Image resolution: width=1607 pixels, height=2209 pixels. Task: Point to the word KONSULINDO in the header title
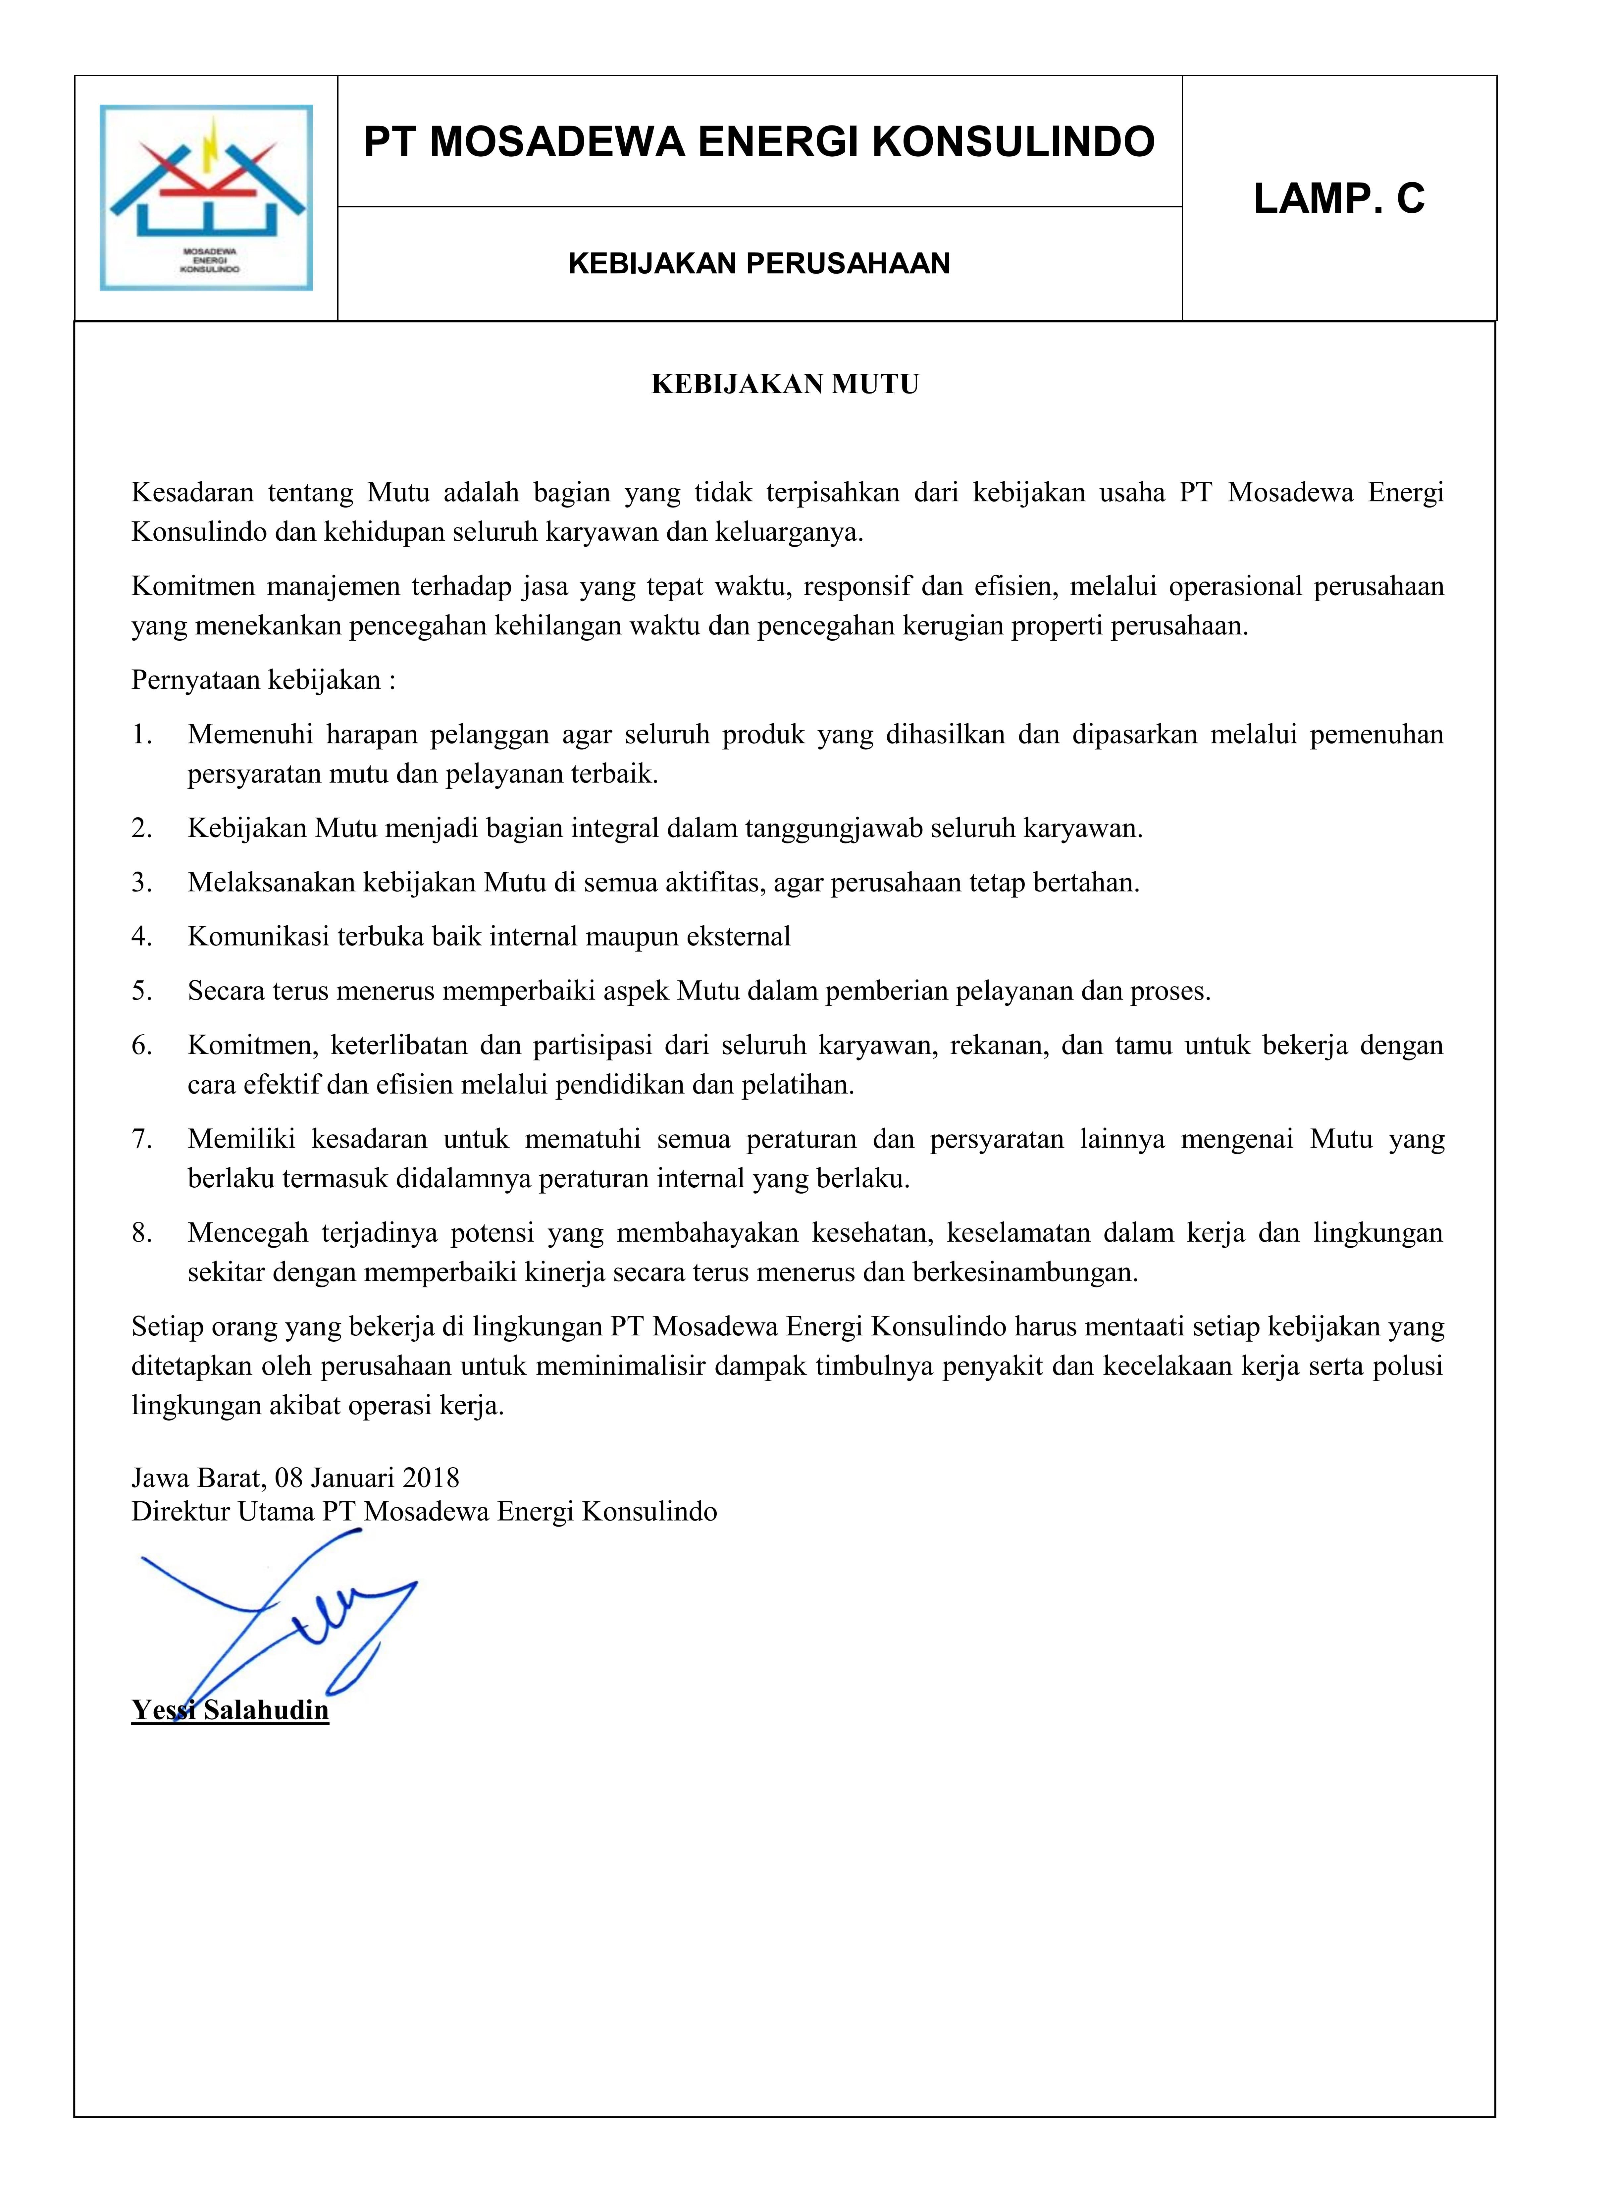1013,142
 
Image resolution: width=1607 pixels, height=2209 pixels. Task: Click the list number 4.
142,937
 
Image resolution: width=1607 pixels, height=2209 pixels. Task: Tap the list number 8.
142,1233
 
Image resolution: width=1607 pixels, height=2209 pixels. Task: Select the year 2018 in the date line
431,1478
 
